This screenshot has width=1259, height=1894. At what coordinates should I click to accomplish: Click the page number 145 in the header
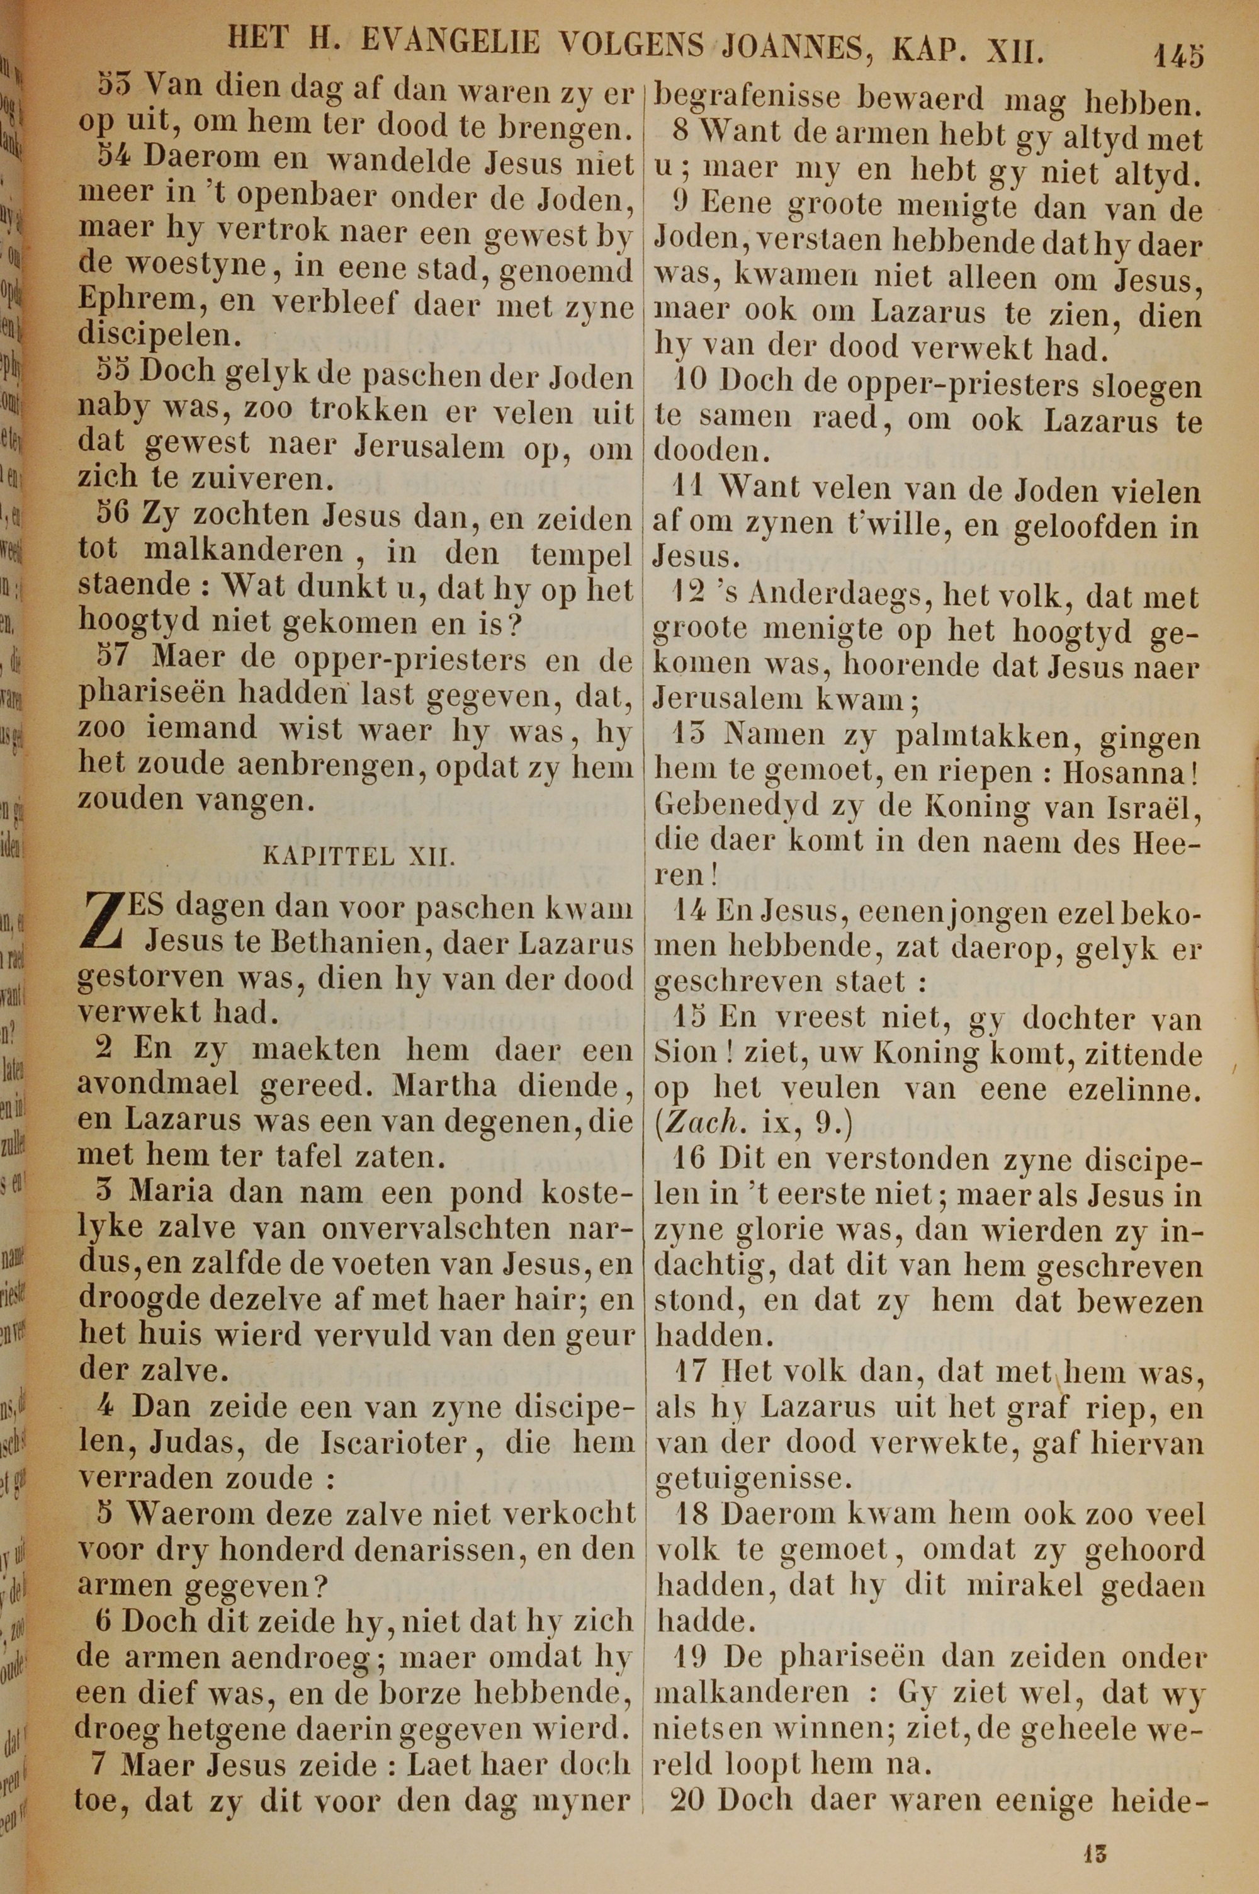point(1178,55)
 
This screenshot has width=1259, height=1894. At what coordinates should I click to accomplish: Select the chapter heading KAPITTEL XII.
point(359,855)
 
